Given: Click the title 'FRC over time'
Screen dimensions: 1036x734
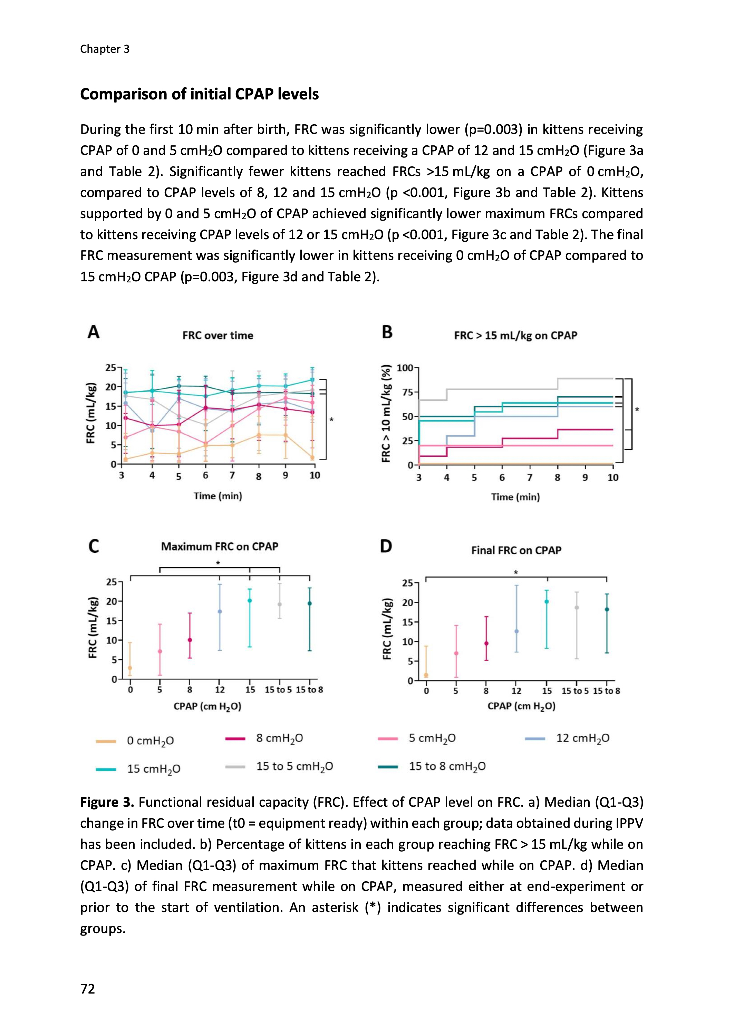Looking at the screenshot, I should coord(218,335).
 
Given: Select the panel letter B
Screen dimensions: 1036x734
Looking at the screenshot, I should coord(387,332).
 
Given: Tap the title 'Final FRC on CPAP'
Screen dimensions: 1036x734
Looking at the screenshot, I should coord(516,550).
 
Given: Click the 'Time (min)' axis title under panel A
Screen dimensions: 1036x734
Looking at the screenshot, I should coord(218,496).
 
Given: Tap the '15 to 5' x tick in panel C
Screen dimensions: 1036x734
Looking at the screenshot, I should coord(278,690).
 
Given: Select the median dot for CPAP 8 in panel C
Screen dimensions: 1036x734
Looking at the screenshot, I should coord(190,640).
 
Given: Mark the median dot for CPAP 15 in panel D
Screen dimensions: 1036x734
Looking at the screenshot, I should coord(547,602).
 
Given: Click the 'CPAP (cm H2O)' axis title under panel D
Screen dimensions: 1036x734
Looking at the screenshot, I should coord(521,706).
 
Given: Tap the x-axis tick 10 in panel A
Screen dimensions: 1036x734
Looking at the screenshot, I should coord(315,475).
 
